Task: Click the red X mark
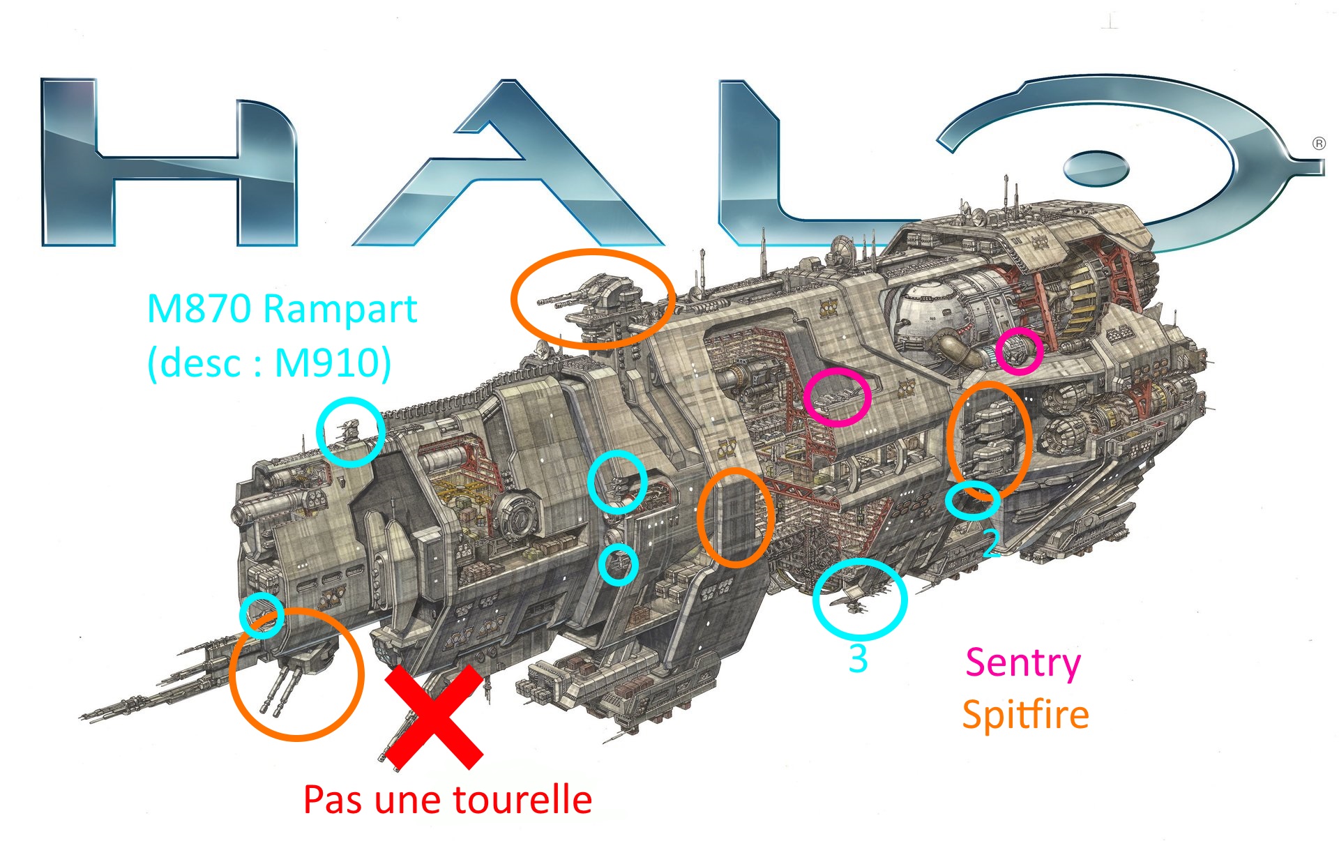click(x=434, y=717)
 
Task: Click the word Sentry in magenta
click(x=1022, y=662)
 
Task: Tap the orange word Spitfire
click(x=1025, y=715)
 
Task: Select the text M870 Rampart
click(x=282, y=308)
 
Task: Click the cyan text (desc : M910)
click(x=269, y=363)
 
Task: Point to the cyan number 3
click(x=858, y=659)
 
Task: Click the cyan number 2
click(x=990, y=543)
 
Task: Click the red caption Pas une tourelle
click(x=448, y=799)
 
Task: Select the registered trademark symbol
click(x=1319, y=144)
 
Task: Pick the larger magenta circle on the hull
click(x=837, y=397)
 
